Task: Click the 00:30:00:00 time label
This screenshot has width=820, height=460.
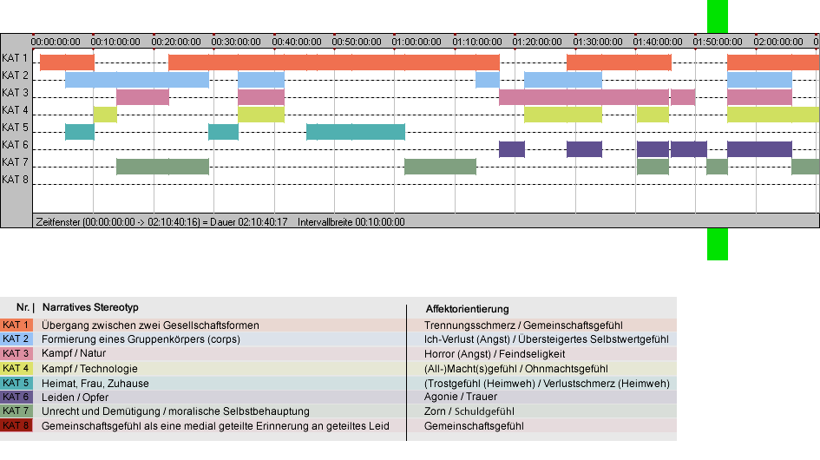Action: click(236, 42)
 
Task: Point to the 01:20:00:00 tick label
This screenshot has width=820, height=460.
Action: click(537, 42)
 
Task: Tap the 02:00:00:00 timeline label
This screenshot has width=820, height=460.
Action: click(778, 42)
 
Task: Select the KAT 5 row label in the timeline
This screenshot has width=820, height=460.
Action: click(15, 128)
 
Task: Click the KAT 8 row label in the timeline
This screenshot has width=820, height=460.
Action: click(15, 180)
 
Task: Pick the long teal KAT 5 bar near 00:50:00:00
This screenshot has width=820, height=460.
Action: click(356, 132)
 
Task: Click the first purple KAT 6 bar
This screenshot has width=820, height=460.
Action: click(511, 149)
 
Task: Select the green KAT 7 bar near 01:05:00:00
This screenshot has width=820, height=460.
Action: click(440, 167)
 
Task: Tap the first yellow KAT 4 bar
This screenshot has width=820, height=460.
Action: click(105, 115)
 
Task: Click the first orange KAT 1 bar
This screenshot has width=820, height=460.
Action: click(67, 62)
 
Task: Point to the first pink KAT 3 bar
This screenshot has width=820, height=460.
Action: click(143, 97)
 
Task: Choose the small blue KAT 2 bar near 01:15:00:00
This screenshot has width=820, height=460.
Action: click(488, 80)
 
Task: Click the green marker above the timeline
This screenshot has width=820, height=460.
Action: click(718, 16)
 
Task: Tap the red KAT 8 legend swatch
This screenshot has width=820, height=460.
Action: click(16, 425)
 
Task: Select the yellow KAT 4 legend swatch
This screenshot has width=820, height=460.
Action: click(16, 368)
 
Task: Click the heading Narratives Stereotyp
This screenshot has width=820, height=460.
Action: click(90, 307)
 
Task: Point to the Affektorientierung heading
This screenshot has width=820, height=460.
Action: click(467, 309)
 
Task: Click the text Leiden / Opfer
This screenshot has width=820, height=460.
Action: click(75, 398)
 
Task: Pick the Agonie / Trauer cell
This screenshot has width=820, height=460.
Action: click(461, 397)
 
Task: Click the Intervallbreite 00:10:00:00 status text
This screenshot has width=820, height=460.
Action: click(351, 222)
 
